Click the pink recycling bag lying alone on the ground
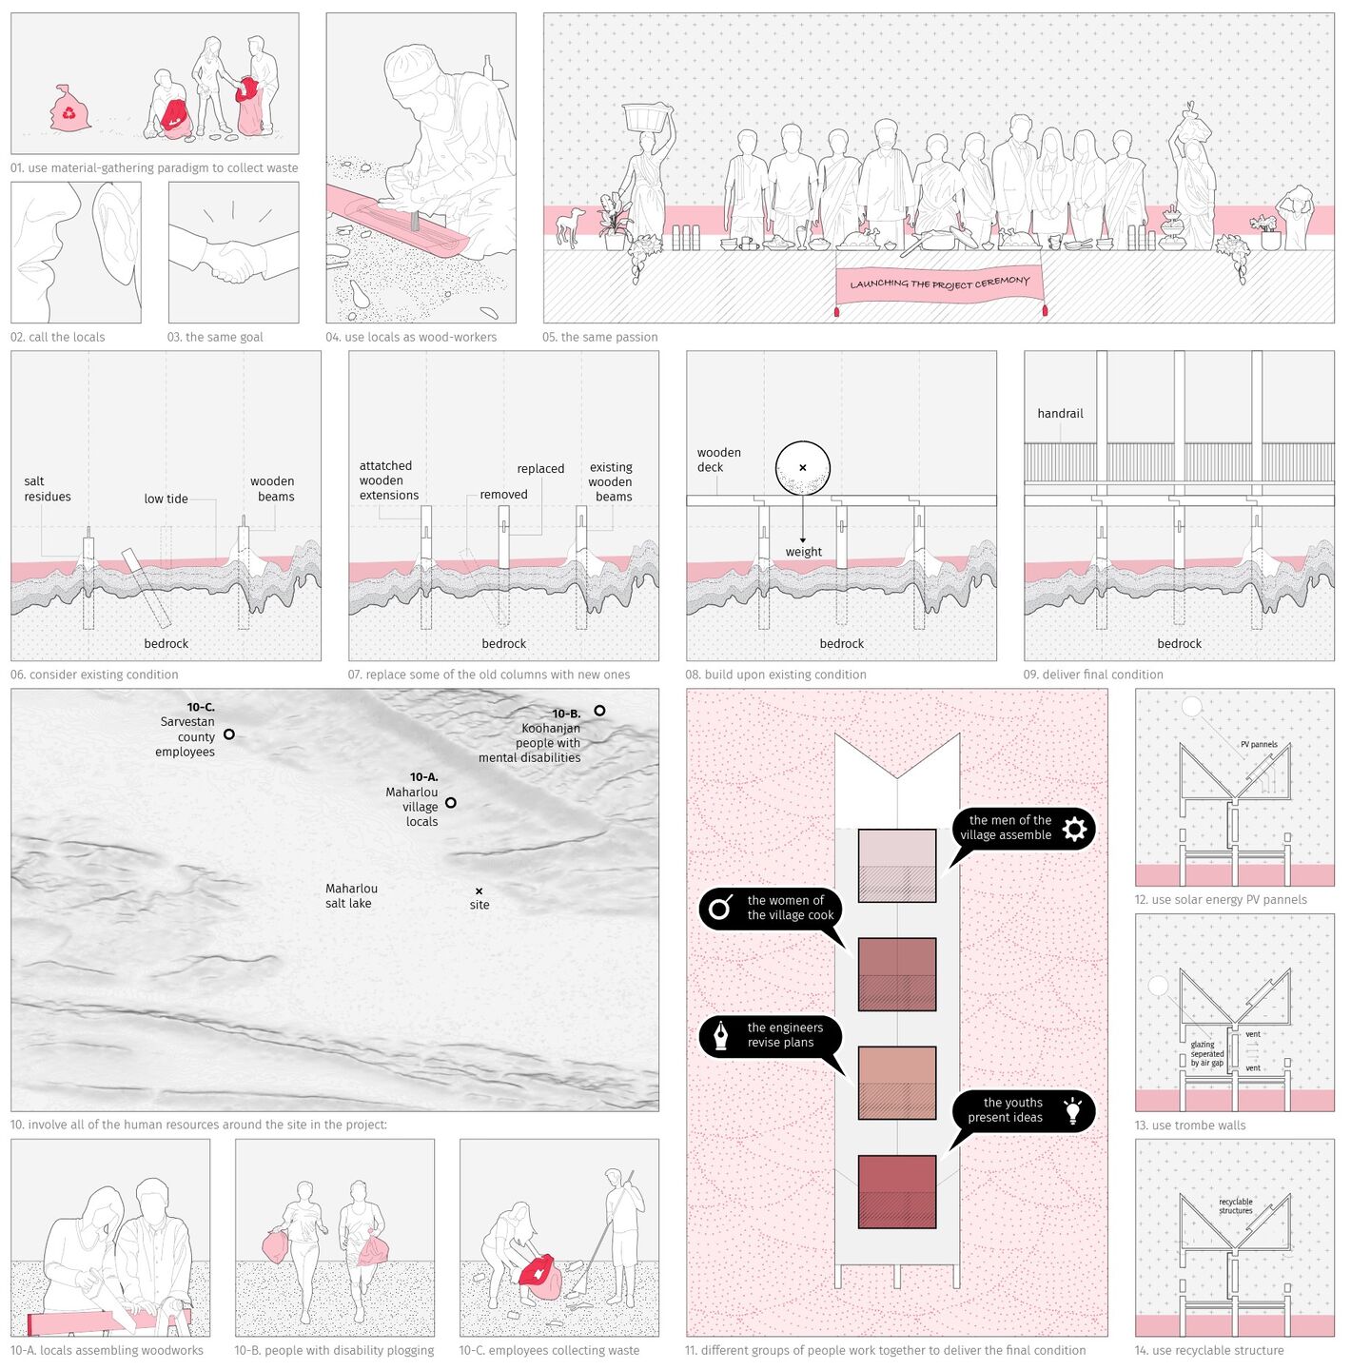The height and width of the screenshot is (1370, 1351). pyautogui.click(x=69, y=108)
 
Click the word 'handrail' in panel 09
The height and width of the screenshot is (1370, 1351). pyautogui.click(x=1060, y=414)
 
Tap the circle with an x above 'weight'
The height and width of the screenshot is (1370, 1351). pyautogui.click(x=803, y=468)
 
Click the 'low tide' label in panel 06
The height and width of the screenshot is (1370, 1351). pyautogui.click(x=166, y=499)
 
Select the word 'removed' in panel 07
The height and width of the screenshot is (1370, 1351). pyautogui.click(x=503, y=495)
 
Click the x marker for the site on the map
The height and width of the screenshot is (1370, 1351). pyautogui.click(x=480, y=890)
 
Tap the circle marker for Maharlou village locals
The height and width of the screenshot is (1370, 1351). pyautogui.click(x=451, y=803)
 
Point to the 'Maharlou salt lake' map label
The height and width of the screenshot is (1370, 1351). pyautogui.click(x=351, y=896)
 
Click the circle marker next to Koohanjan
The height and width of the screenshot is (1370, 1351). pyautogui.click(x=600, y=711)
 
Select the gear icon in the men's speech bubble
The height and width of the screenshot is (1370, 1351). pyautogui.click(x=1074, y=829)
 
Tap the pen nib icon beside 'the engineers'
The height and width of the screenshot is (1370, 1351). pyautogui.click(x=720, y=1036)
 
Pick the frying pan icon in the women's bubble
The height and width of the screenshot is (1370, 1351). pyautogui.click(x=721, y=908)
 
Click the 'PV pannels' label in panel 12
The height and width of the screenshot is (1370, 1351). pyautogui.click(x=1259, y=744)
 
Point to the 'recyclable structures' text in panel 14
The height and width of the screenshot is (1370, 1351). pyautogui.click(x=1236, y=1205)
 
